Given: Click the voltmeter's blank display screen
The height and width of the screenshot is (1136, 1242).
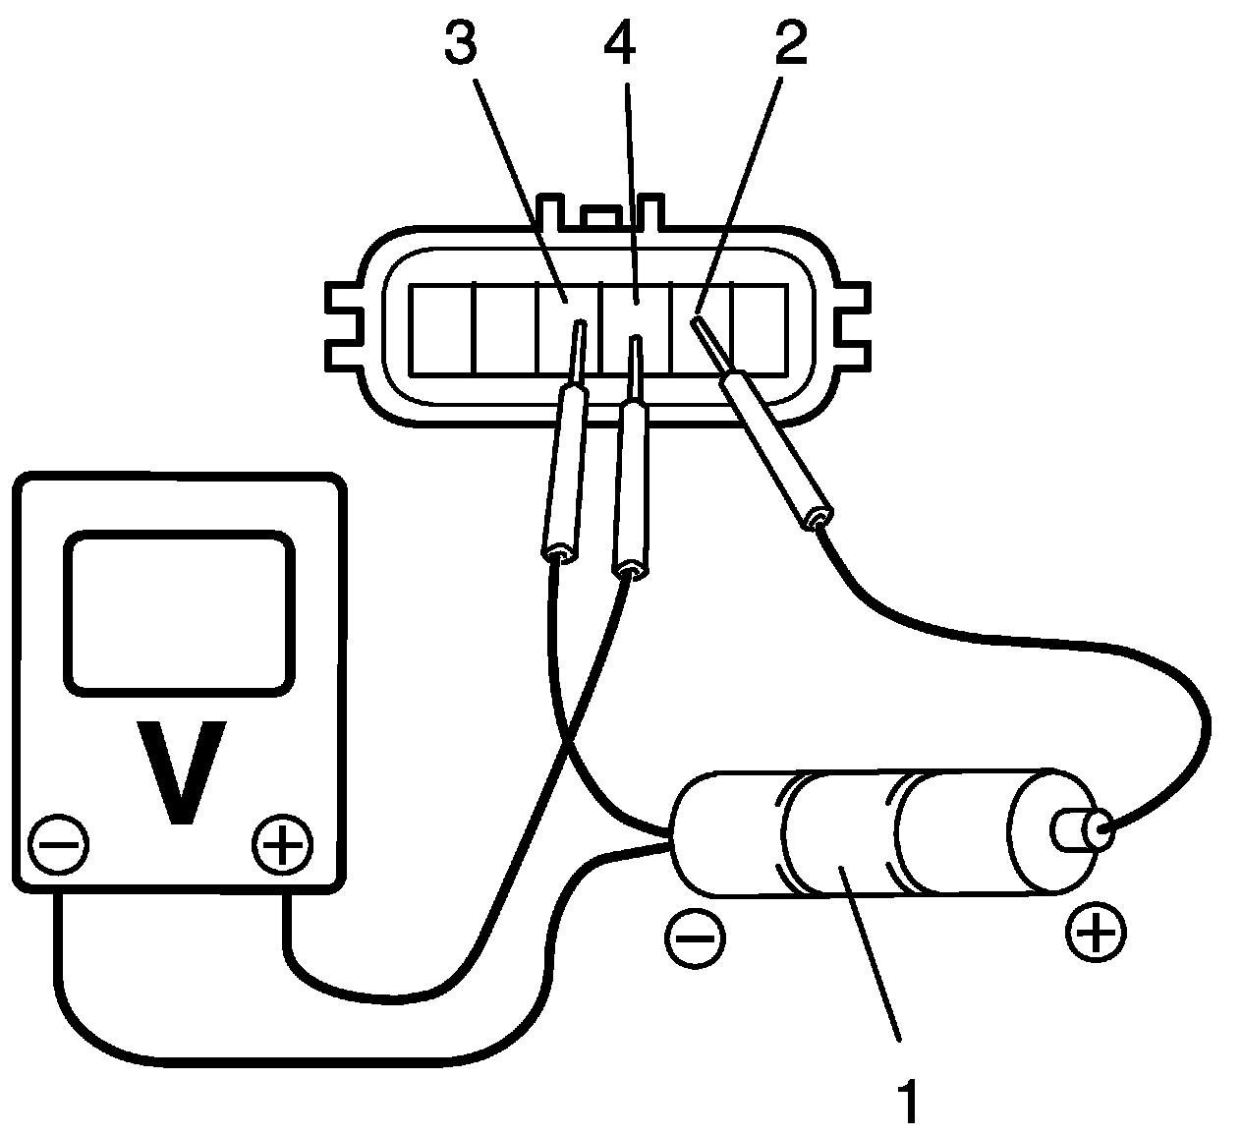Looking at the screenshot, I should click(x=180, y=611).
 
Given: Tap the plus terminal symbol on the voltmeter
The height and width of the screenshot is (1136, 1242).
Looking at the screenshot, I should click(x=282, y=843).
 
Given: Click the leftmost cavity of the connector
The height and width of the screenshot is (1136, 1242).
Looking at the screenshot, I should click(x=442, y=329).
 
